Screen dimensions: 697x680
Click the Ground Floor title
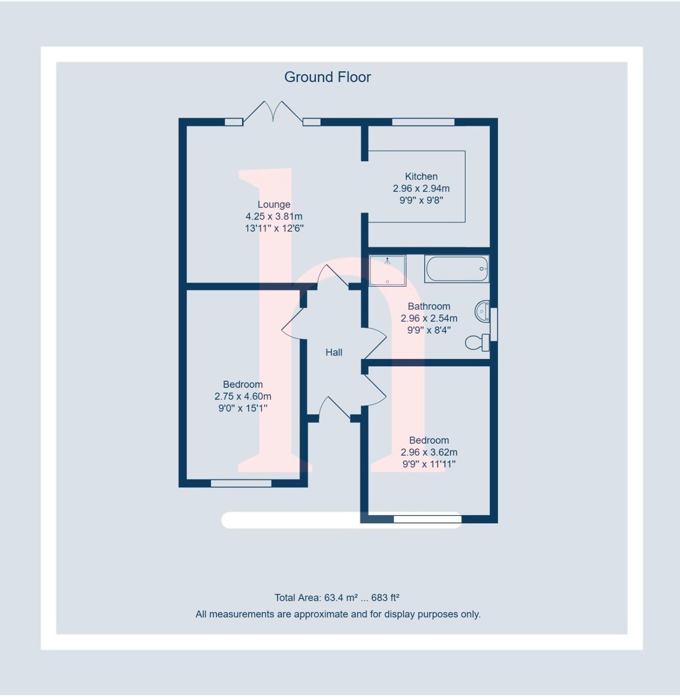(x=327, y=77)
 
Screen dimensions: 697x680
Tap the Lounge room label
(x=274, y=205)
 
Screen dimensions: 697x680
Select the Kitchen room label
(x=421, y=176)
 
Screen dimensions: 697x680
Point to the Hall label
(x=334, y=353)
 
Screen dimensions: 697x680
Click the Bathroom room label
(x=429, y=306)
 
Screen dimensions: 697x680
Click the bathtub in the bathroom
(x=456, y=269)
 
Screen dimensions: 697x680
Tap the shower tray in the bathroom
(x=388, y=271)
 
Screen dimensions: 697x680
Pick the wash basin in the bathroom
(x=482, y=312)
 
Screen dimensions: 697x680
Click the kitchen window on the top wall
(x=423, y=122)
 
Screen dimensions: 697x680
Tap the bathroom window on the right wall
(x=494, y=324)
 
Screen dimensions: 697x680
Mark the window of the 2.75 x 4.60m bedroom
(x=241, y=484)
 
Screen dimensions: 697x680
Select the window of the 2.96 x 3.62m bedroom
(x=427, y=519)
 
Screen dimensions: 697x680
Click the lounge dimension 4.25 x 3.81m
(x=274, y=216)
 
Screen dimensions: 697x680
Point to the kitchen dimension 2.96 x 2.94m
(x=421, y=188)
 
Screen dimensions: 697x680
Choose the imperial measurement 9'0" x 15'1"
(x=243, y=408)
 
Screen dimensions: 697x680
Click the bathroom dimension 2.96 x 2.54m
(x=429, y=318)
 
